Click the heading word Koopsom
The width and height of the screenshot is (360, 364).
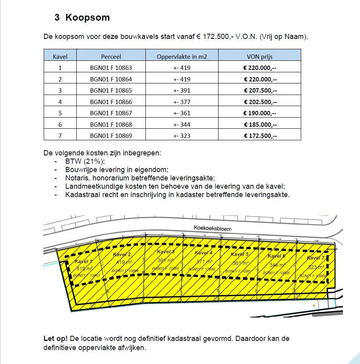(x=87, y=18)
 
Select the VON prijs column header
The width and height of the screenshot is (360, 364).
(x=260, y=56)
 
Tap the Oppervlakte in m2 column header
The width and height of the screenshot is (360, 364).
(x=182, y=56)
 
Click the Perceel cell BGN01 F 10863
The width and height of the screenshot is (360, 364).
(x=111, y=68)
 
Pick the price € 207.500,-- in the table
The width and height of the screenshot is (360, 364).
(x=260, y=90)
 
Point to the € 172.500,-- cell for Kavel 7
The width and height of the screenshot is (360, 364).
(x=260, y=136)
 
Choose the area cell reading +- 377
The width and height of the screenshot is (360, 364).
(x=182, y=102)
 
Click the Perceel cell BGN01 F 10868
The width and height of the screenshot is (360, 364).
(x=111, y=124)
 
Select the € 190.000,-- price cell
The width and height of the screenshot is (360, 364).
(x=260, y=113)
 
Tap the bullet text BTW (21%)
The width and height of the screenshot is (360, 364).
(x=85, y=161)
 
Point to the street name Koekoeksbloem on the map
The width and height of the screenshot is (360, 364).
(x=212, y=228)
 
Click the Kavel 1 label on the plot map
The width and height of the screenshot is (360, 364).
(x=83, y=261)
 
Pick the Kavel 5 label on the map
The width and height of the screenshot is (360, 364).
(x=240, y=254)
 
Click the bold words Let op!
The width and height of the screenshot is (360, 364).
(x=55, y=339)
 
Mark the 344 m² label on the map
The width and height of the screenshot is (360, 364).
(x=277, y=265)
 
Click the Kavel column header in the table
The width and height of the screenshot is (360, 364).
(x=60, y=56)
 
